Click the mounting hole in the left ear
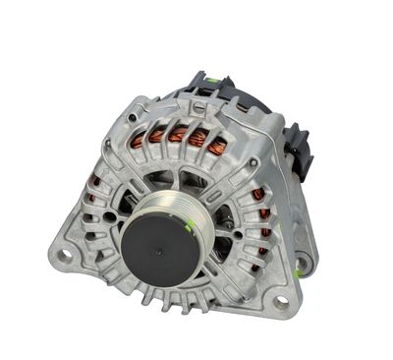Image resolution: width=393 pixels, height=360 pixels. pos(65,255)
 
